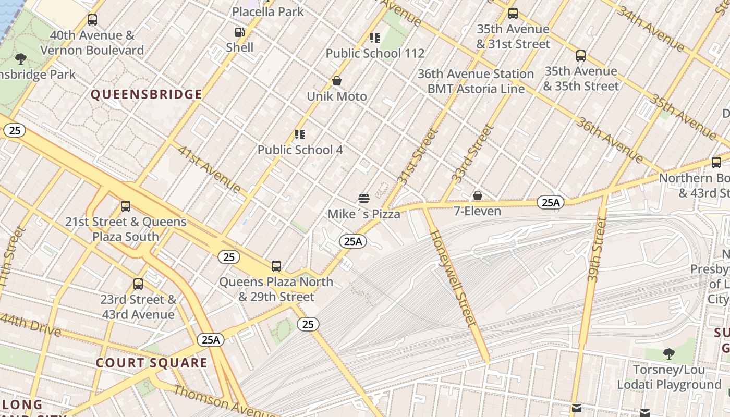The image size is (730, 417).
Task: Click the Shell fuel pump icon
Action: coord(239,32)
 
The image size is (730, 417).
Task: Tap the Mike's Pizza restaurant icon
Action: coord(364,199)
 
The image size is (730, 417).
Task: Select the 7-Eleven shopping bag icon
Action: coord(477,196)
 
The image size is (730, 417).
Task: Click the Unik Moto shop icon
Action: coord(337,81)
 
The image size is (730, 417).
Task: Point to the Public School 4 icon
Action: coord(300,134)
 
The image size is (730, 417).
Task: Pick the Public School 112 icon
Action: coord(375,38)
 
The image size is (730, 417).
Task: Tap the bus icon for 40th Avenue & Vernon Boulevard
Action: coord(92,20)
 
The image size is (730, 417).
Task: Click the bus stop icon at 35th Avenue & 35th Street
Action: coord(581,56)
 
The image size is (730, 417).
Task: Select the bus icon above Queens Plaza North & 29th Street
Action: coord(276,266)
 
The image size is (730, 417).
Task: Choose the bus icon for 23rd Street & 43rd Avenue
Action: coord(138,284)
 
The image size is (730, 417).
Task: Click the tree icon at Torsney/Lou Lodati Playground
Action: coord(668,354)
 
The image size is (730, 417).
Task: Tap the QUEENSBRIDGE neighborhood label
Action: coord(147,94)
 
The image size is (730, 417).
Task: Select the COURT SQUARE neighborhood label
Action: coord(151,363)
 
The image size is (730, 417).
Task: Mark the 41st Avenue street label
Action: coord(209,169)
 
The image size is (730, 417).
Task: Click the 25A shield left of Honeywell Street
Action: coord(353,241)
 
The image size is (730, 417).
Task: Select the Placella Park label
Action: coord(267,11)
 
